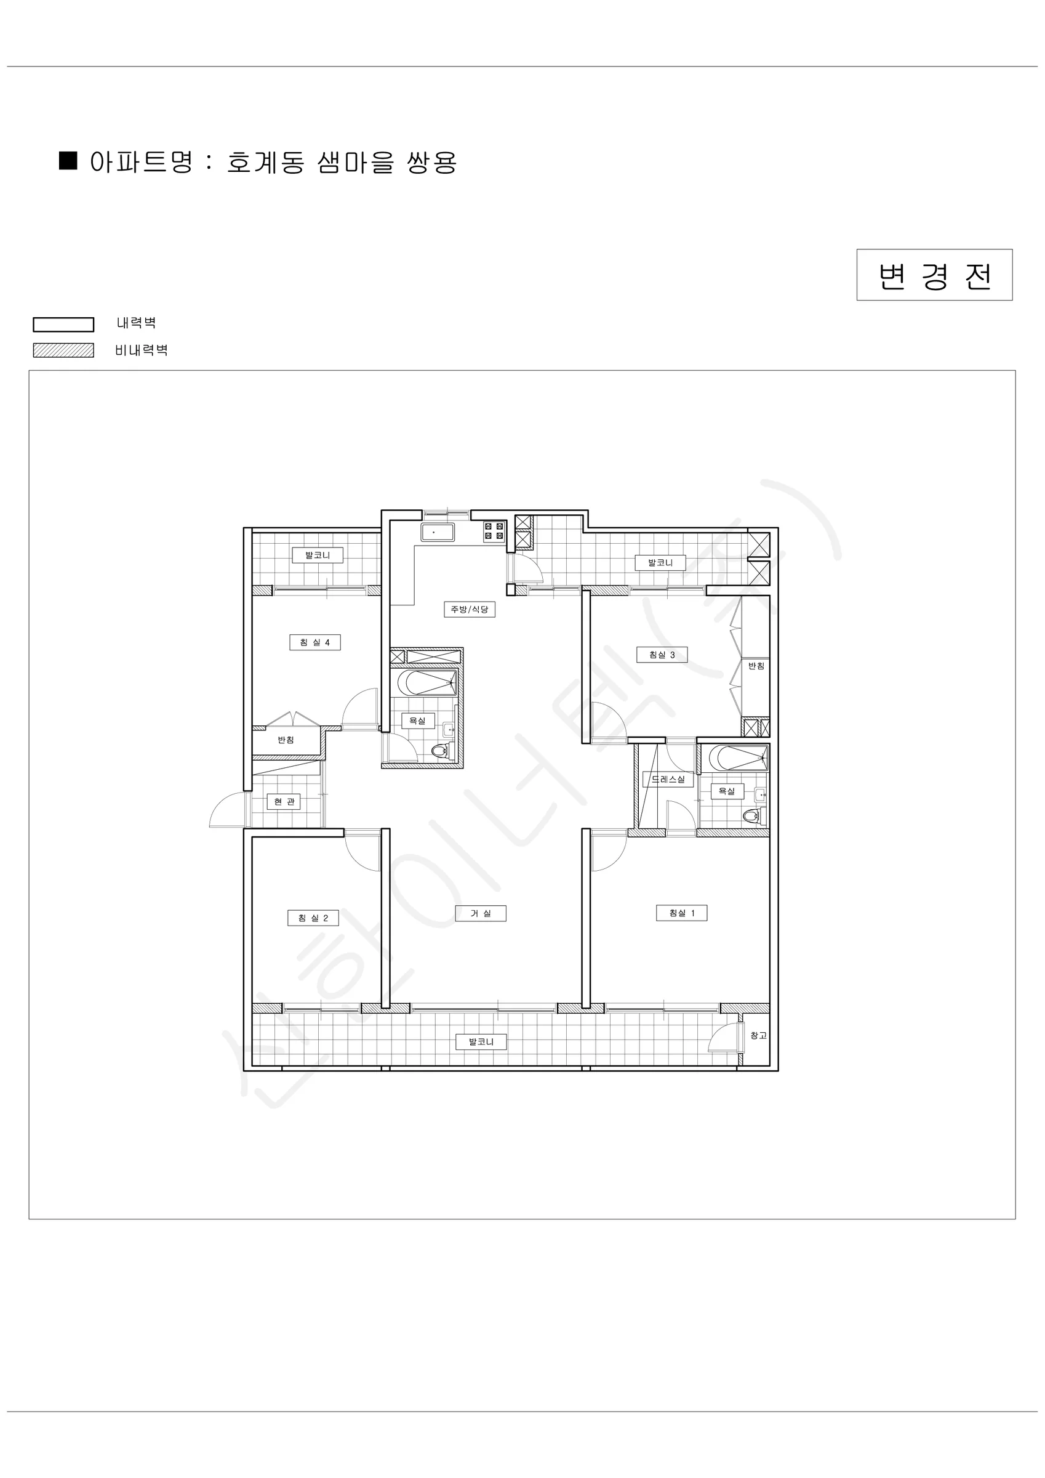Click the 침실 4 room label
[x=314, y=642]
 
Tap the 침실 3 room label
[x=662, y=655]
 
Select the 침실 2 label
[x=313, y=918]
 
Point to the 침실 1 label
[x=681, y=913]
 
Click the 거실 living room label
[x=481, y=913]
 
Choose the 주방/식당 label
[x=470, y=609]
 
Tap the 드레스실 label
[x=668, y=779]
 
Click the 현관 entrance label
[x=284, y=801]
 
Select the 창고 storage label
[x=759, y=1035]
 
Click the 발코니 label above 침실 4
[x=317, y=555]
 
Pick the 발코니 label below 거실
[x=481, y=1041]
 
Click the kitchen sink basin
[x=438, y=532]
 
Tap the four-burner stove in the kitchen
[x=494, y=531]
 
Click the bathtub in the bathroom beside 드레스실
[x=734, y=758]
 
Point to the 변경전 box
[x=934, y=275]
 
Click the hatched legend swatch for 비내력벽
[x=64, y=350]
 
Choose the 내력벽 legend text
[x=137, y=323]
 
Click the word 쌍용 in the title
[x=432, y=162]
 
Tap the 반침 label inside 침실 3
[x=756, y=666]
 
